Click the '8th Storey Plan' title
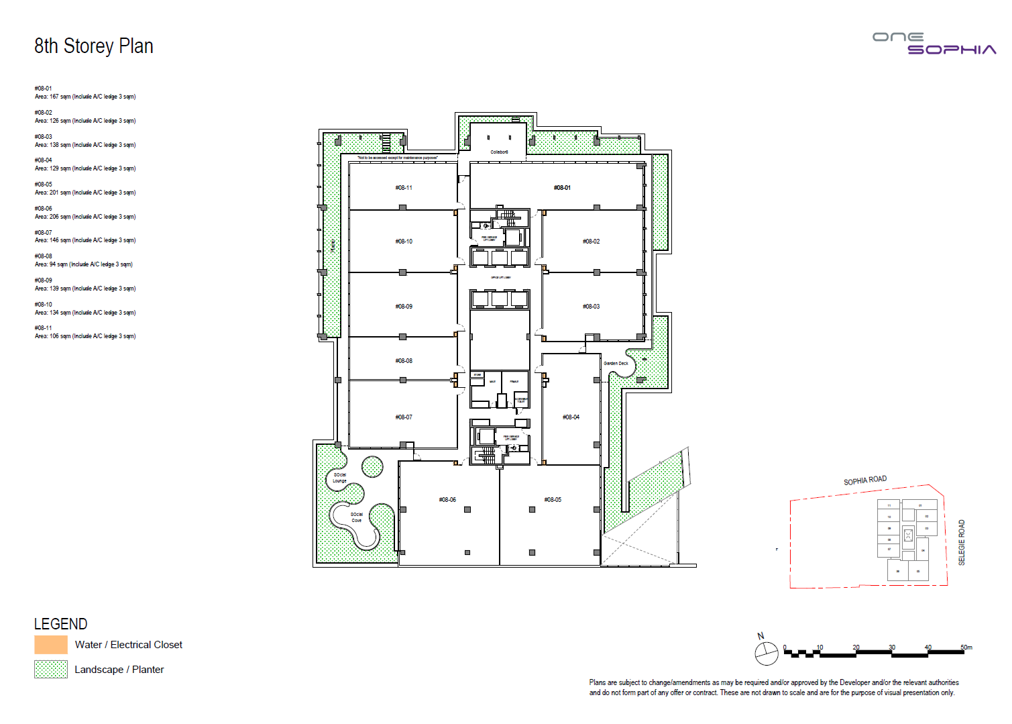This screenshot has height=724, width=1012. (94, 46)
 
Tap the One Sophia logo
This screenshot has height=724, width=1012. (934, 44)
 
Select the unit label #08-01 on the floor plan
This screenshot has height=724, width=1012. (562, 188)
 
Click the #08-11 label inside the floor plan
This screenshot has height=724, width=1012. (404, 188)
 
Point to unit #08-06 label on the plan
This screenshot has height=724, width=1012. (447, 500)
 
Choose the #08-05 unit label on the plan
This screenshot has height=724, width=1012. (553, 500)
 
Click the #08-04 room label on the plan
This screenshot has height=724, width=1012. (571, 417)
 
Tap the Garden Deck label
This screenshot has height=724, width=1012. (616, 364)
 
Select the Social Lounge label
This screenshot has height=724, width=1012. (340, 478)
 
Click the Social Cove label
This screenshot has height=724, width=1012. (356, 517)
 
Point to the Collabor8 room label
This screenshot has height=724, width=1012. (499, 152)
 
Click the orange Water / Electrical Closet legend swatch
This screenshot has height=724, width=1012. (51, 645)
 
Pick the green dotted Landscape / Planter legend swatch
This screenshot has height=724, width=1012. (51, 670)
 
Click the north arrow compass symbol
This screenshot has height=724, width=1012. (766, 652)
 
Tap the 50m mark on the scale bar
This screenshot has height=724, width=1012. (966, 648)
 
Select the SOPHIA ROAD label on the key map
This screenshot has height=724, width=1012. (865, 480)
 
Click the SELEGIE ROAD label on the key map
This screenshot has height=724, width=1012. (962, 542)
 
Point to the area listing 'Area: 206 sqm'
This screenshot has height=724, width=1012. (85, 217)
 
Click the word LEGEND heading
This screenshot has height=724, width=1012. (60, 624)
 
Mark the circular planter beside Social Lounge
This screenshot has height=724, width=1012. (372, 466)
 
